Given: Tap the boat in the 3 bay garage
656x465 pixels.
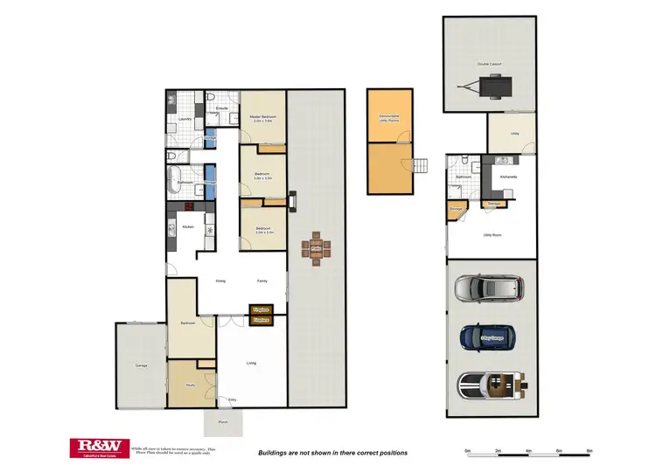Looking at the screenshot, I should (491, 385).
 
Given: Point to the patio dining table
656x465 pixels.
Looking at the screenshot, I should (316, 251).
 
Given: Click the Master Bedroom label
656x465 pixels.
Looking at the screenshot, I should (262, 117).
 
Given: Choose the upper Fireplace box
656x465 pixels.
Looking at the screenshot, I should (260, 309).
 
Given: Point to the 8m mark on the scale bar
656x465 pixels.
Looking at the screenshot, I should (589, 451).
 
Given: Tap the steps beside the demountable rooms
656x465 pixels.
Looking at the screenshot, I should (422, 164).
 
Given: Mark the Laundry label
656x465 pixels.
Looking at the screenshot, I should (185, 119).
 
